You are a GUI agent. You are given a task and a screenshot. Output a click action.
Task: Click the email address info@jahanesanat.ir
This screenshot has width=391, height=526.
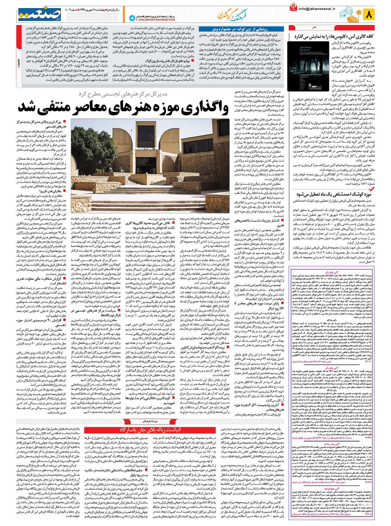[x=317, y=9]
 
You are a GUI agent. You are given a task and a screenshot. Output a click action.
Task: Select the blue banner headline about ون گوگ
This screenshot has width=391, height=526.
[x=242, y=29]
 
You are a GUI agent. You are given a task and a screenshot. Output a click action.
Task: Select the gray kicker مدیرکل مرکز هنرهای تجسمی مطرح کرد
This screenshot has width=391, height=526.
[x=123, y=94]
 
